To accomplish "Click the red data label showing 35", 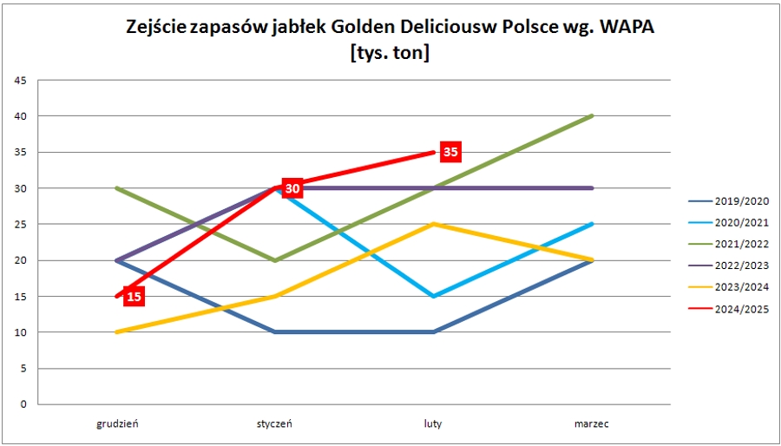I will (450, 152).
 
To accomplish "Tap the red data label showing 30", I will (292, 188).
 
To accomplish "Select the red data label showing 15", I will (134, 297).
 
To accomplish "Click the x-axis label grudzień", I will (117, 424).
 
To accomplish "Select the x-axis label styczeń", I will (274, 424).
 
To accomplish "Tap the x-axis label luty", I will (433, 424).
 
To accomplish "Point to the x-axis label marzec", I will (591, 424).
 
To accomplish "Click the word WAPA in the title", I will (620, 28).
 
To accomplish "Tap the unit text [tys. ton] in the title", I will (390, 52).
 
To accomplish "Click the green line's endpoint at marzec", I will (592, 116).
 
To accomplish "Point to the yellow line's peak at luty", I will (433, 224).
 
